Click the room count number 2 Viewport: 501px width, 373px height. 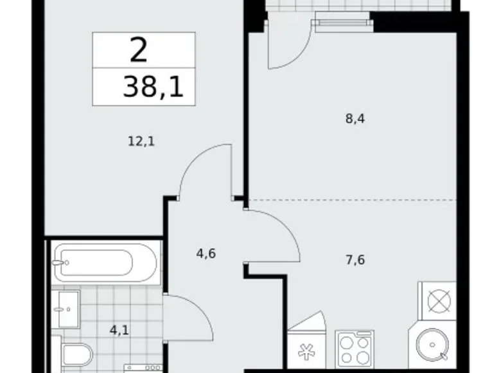click(138, 50)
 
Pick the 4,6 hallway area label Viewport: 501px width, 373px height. click(206, 253)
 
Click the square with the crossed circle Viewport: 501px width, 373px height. click(437, 300)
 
